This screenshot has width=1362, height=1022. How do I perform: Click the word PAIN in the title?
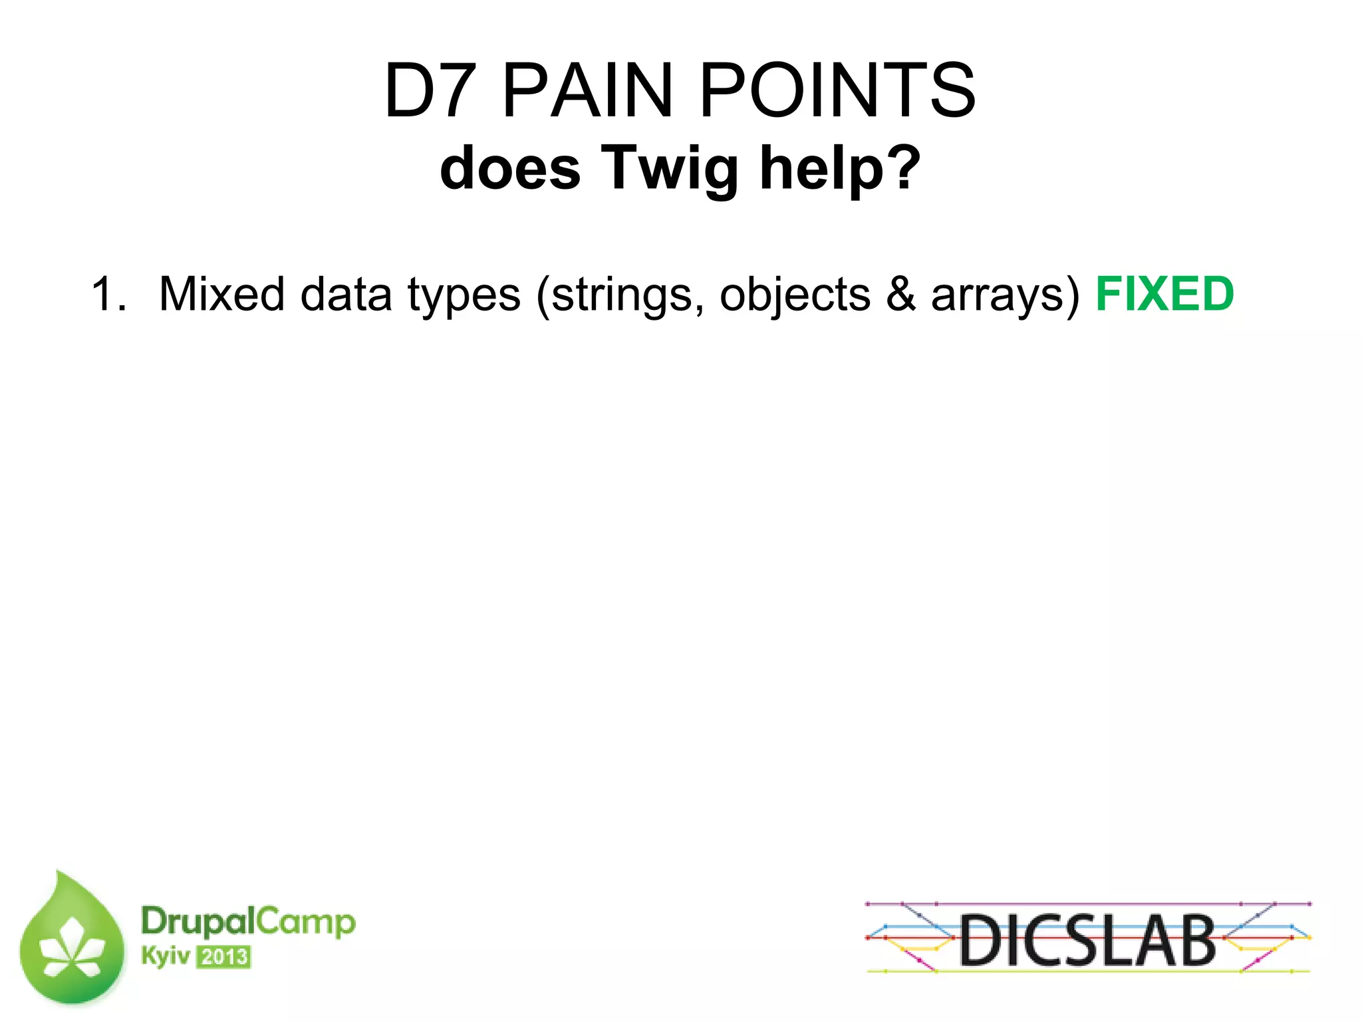click(588, 90)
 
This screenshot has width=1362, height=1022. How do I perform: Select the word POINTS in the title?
click(837, 90)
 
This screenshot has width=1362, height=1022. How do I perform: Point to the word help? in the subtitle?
click(841, 168)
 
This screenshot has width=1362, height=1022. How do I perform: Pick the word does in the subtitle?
click(510, 169)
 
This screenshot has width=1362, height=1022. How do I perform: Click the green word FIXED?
click(1164, 294)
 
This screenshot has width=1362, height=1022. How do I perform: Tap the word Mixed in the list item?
click(222, 294)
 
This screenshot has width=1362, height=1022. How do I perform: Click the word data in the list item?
click(346, 294)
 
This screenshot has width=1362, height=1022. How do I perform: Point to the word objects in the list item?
click(795, 295)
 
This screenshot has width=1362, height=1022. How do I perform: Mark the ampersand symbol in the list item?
click(900, 294)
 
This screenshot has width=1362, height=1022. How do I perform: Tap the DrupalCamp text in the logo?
click(248, 922)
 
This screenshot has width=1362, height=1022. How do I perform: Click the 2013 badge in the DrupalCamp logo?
click(224, 957)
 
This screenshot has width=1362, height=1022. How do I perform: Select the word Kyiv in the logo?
click(165, 956)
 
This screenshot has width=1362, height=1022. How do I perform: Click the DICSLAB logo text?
click(1087, 940)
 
